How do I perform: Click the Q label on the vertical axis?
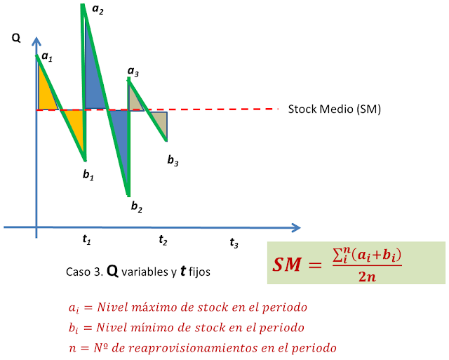tap(15, 39)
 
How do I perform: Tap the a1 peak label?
tap(46, 56)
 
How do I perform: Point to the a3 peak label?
tap(133, 72)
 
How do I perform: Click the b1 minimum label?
tap(88, 175)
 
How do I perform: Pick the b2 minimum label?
tap(137, 207)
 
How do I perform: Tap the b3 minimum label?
tap(173, 161)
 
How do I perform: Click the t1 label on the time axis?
tap(86, 239)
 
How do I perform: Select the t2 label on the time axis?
tap(163, 240)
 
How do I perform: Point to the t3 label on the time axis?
tap(234, 244)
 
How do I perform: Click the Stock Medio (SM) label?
tap(335, 109)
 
